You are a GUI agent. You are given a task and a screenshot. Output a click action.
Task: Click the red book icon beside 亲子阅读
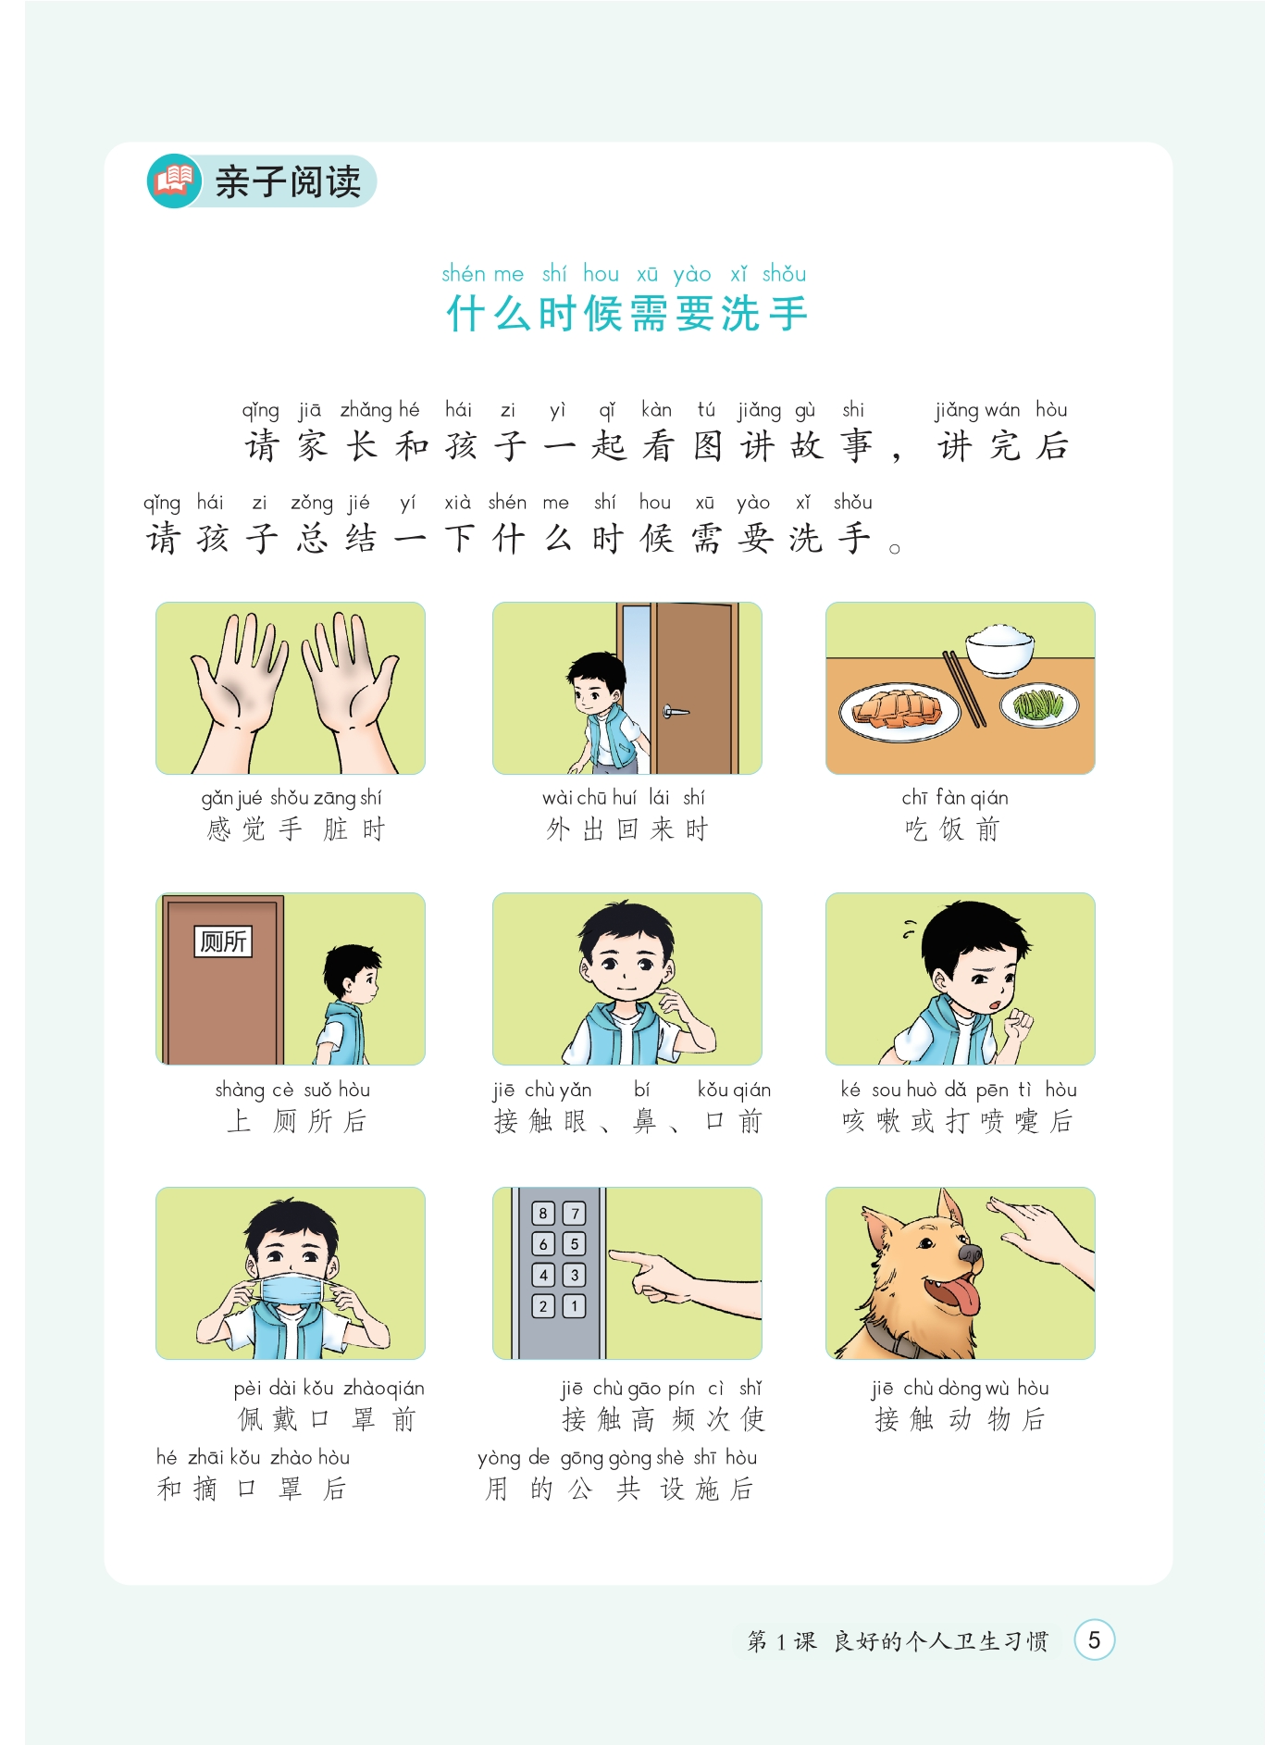tap(174, 181)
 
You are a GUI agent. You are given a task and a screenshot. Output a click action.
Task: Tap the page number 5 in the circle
tap(1094, 1640)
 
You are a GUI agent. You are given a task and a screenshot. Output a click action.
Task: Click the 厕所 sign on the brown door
tap(223, 941)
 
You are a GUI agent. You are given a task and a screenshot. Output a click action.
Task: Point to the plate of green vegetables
tap(1039, 705)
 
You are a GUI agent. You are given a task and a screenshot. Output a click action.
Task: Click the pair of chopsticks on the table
tap(963, 689)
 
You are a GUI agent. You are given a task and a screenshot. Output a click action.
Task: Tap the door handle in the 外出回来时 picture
tap(675, 712)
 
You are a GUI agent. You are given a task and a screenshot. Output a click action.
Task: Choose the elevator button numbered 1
tap(575, 1306)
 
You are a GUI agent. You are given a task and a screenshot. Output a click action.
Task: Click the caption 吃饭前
tap(952, 829)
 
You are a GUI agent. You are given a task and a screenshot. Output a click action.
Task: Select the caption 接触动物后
tap(960, 1419)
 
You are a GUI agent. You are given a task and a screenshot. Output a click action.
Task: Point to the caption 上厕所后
tap(297, 1121)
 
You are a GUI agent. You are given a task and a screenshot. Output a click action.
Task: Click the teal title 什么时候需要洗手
tap(627, 314)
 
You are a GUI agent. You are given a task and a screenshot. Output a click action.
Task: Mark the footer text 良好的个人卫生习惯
tap(941, 1641)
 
